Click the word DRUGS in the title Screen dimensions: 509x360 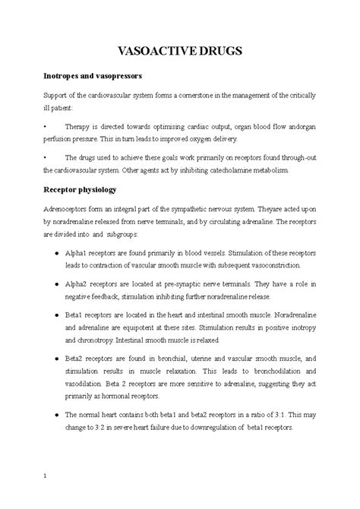219,51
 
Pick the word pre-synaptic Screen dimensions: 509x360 186,281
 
